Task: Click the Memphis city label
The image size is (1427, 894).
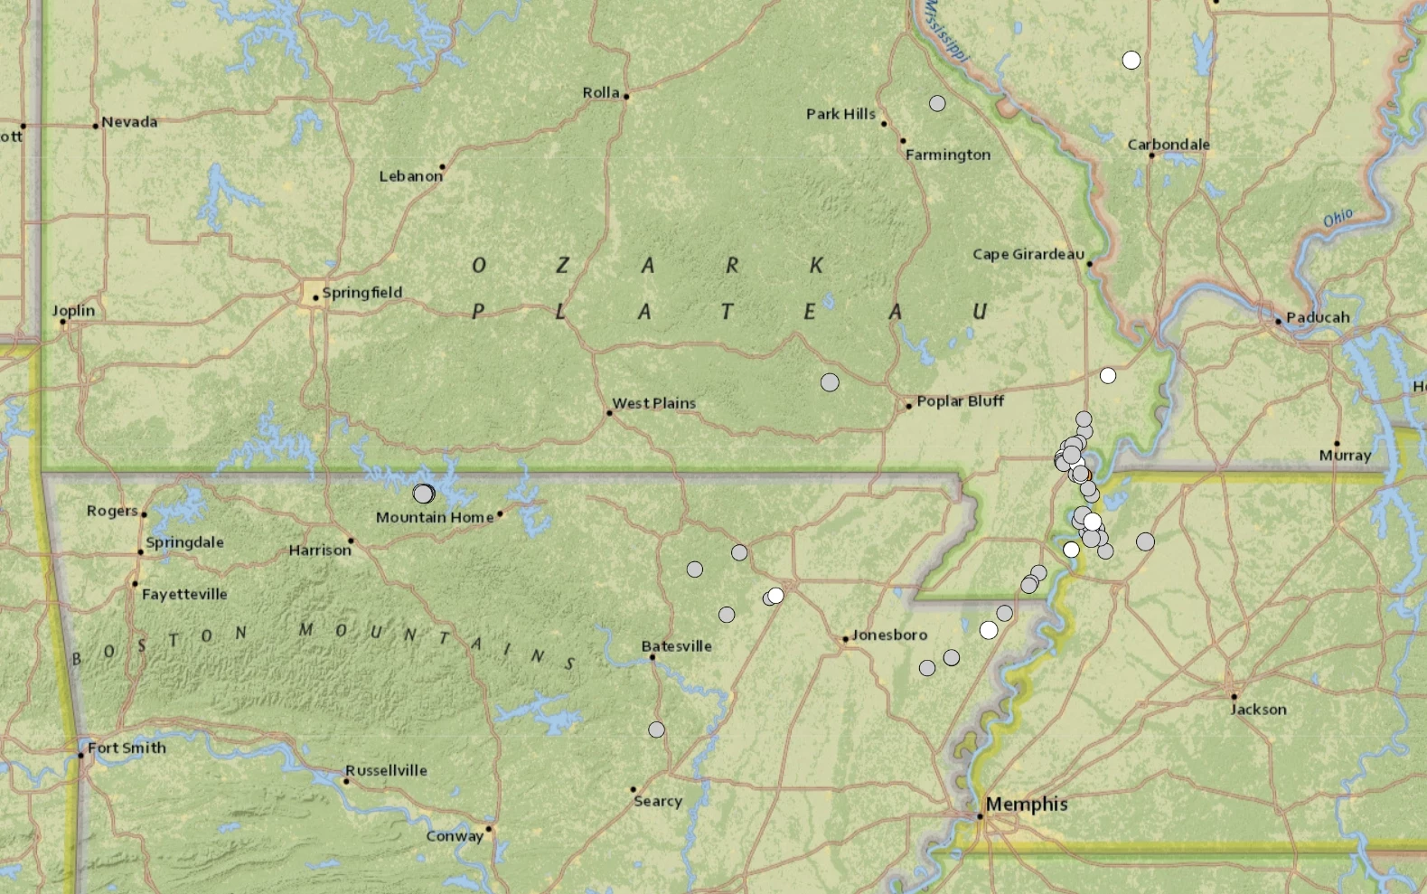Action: pos(1027,804)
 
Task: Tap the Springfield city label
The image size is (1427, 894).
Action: pos(361,292)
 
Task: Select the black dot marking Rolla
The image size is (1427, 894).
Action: pos(626,96)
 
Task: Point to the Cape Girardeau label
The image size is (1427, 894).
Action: pos(1028,254)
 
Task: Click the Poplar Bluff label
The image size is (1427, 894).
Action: pos(960,400)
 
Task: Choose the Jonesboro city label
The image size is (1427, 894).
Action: pos(889,635)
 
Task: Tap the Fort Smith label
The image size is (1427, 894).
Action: pos(127,748)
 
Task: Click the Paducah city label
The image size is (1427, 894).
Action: pos(1318,317)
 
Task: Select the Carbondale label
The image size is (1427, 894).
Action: pos(1168,144)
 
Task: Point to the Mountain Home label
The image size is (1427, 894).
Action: pos(435,517)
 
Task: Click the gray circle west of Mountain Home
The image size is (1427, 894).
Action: pos(423,494)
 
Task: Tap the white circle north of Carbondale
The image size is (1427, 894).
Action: pos(1131,61)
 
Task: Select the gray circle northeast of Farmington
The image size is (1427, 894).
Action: pos(937,104)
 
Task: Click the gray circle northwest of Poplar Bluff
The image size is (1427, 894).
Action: pos(830,382)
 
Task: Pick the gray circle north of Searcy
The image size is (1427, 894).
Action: pos(657,729)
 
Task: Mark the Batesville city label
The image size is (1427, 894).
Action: pos(676,645)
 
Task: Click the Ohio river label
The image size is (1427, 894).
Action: pos(1338,218)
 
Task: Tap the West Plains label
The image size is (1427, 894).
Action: pos(654,403)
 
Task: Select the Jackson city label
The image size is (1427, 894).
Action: pos(1258,709)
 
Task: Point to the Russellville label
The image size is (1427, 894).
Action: pos(386,770)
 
